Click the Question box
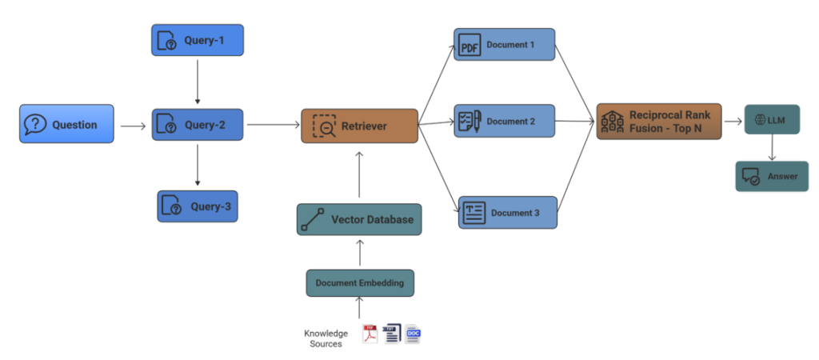pyautogui.click(x=67, y=124)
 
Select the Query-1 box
pyautogui.click(x=198, y=40)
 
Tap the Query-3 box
pyautogui.click(x=198, y=206)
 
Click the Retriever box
pyautogui.click(x=359, y=126)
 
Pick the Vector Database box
pyautogui.click(x=359, y=219)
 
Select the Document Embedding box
pyautogui.click(x=360, y=282)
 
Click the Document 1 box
pyautogui.click(x=504, y=45)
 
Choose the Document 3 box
pyautogui.click(x=508, y=213)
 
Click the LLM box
pyautogui.click(x=771, y=119)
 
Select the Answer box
pyautogui.click(x=772, y=176)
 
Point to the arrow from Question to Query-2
pyautogui.click(x=132, y=126)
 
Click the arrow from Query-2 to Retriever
pyautogui.click(x=272, y=125)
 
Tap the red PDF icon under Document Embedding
pyautogui.click(x=370, y=334)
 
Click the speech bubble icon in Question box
pyautogui.click(x=35, y=124)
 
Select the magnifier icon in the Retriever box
pyautogui.click(x=324, y=126)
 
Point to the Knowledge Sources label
pyautogui.click(x=326, y=338)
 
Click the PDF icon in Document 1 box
pyautogui.click(x=469, y=46)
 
